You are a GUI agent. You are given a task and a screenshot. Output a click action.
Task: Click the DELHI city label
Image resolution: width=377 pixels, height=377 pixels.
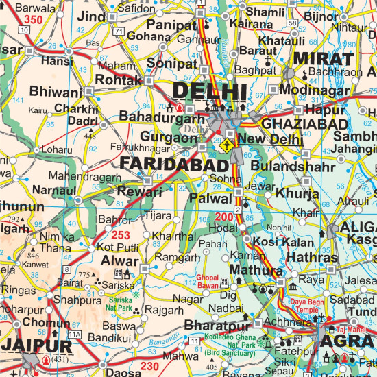[209, 92]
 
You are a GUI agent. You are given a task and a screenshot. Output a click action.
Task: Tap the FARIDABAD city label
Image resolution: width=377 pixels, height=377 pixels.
[174, 165]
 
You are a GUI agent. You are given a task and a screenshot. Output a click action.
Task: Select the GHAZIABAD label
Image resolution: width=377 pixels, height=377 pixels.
[296, 124]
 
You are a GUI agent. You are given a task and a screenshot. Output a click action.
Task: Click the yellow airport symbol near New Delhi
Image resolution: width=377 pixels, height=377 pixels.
[228, 145]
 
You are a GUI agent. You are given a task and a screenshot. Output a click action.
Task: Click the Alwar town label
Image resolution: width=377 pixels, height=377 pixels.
[114, 261]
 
